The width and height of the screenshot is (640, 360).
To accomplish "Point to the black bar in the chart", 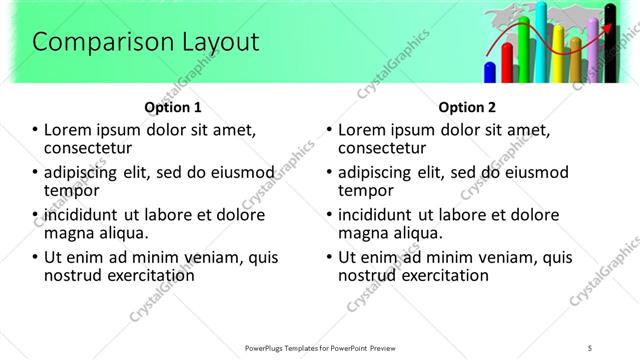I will pyautogui.click(x=611, y=45).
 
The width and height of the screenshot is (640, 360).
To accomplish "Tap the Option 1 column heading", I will pyautogui.click(x=173, y=107).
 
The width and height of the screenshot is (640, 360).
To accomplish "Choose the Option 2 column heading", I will pyautogui.click(x=467, y=107).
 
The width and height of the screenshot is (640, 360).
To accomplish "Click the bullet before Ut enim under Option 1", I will pyautogui.click(x=35, y=258).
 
